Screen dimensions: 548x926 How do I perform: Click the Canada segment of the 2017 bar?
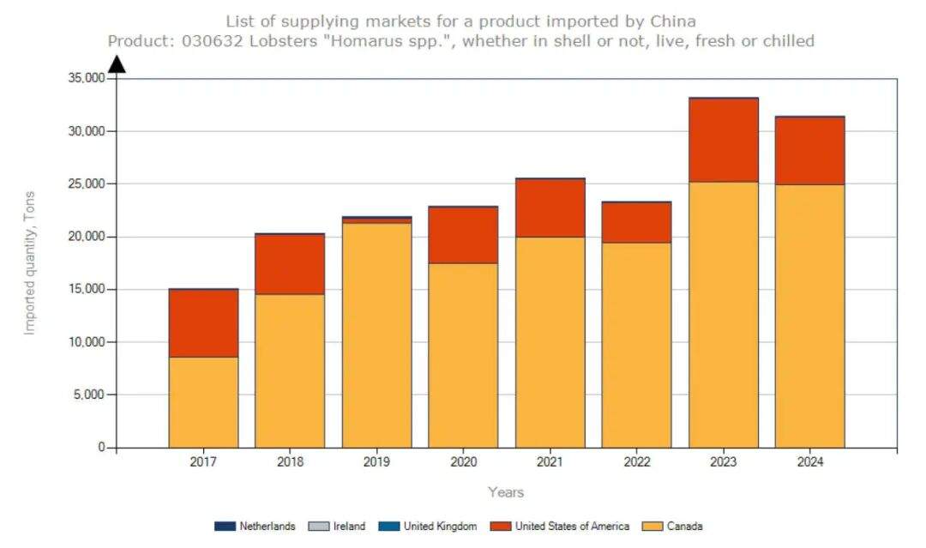[x=203, y=401]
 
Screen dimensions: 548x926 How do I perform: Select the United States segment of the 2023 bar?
[x=723, y=140]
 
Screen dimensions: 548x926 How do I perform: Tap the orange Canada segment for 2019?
[x=376, y=334]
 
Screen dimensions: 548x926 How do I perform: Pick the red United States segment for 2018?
[x=290, y=264]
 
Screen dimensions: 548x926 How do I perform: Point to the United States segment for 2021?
[x=550, y=208]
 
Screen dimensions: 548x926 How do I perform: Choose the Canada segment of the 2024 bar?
[x=809, y=316]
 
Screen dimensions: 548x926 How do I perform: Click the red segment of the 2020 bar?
[x=463, y=235]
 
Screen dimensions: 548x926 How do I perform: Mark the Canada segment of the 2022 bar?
[x=636, y=345]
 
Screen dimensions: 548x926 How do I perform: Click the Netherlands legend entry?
[x=256, y=527]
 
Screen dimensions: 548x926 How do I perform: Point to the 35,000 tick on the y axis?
[x=86, y=78]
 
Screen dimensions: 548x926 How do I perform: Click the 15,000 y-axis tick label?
[x=86, y=289]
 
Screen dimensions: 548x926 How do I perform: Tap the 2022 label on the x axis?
[x=636, y=462]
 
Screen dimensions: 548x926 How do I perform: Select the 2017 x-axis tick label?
[x=203, y=462]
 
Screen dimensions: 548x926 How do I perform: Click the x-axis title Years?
[x=506, y=492]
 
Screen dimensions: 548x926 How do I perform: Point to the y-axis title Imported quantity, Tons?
[x=30, y=262]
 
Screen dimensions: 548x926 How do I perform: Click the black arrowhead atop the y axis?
[x=117, y=64]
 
